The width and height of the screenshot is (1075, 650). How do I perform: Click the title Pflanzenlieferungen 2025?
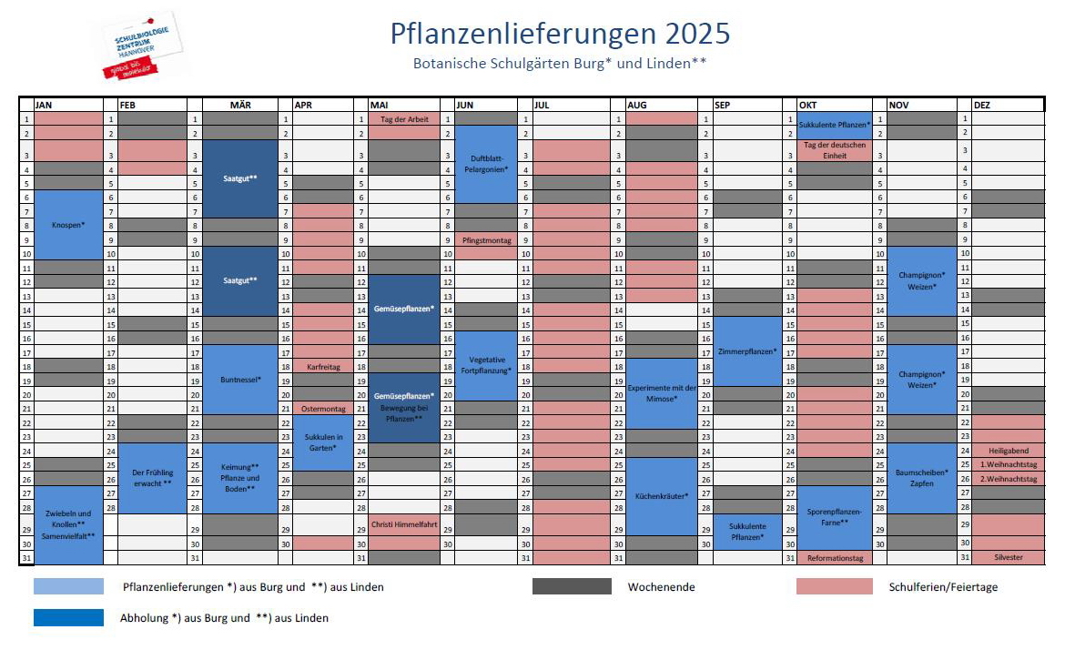(x=560, y=34)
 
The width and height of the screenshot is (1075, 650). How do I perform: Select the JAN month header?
(x=44, y=105)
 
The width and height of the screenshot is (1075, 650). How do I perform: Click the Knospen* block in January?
(x=68, y=224)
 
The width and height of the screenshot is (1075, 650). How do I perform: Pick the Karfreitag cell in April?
(x=323, y=367)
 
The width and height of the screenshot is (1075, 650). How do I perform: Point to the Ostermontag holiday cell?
(x=323, y=409)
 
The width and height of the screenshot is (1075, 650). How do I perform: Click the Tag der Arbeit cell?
(x=404, y=119)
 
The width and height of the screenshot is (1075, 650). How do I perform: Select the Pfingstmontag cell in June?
(x=487, y=240)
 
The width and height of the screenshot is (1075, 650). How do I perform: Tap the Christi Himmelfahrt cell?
(x=404, y=524)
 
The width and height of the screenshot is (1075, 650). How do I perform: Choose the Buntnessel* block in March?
(x=240, y=380)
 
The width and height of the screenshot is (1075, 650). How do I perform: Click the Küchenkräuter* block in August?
(x=661, y=496)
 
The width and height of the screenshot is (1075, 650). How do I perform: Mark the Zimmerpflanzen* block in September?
(x=747, y=351)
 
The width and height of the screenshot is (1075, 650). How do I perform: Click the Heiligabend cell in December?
(x=1008, y=451)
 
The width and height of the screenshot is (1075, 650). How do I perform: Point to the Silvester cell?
(x=1008, y=557)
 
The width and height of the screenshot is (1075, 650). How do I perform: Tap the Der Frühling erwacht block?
(x=152, y=478)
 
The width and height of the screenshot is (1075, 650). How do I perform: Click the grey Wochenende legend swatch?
(x=572, y=587)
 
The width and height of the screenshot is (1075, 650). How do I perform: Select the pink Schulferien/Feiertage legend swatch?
(x=834, y=587)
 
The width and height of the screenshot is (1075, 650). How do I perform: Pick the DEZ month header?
(x=982, y=105)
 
